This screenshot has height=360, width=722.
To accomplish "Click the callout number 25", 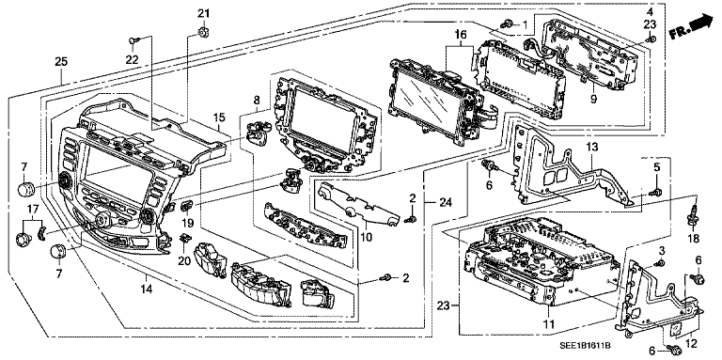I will [x=60, y=62].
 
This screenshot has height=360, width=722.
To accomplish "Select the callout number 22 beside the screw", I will [x=132, y=60].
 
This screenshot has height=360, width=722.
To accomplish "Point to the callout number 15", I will [x=218, y=117].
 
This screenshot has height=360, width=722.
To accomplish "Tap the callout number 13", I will [x=591, y=149].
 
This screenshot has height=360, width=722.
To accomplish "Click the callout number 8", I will [x=255, y=99].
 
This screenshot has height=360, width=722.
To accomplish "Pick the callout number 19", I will [x=187, y=223].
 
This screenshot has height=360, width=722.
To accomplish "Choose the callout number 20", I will [x=185, y=260].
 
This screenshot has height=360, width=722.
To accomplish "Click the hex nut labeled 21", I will [x=203, y=34].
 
